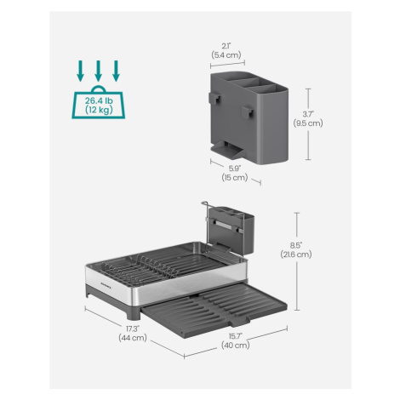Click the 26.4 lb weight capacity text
point(99,100)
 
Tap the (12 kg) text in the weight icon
point(99,110)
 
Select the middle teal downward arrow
point(98,71)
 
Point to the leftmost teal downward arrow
point(81,71)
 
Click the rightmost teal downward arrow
point(116,71)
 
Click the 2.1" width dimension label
point(226,46)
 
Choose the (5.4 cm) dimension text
point(226,54)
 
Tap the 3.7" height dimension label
point(308,114)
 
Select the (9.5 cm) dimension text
point(308,123)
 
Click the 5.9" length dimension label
point(235,169)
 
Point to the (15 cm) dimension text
point(235,178)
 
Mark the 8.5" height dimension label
point(296,245)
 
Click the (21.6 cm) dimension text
point(296,254)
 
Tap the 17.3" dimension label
point(133,329)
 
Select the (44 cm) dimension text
point(133,338)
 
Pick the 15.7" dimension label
point(235,336)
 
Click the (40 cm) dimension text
point(235,346)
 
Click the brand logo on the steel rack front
point(106,283)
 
